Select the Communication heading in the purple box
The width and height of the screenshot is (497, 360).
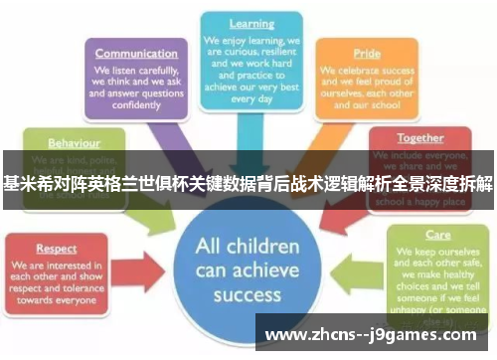click(136, 54)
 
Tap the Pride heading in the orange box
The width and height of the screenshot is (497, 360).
click(367, 55)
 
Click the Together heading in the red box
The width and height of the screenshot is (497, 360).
click(420, 138)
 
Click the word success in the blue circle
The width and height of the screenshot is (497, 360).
click(248, 294)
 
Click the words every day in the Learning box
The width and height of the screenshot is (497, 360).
click(251, 99)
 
